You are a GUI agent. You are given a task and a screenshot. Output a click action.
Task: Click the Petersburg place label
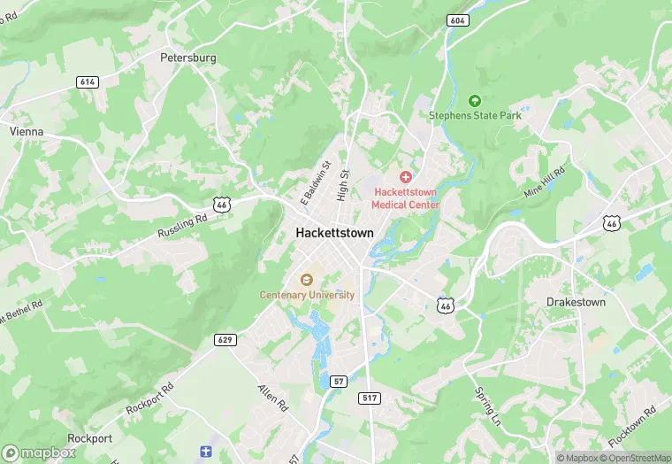187,58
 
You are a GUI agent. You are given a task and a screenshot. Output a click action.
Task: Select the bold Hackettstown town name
334,233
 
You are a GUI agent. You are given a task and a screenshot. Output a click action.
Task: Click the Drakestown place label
576,302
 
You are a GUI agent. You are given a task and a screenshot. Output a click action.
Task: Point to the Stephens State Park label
475,115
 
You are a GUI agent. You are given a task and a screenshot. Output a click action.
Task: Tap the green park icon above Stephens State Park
475,101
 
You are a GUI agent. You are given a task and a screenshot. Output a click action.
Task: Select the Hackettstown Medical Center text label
406,197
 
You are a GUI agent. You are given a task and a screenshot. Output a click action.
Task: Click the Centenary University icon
307,281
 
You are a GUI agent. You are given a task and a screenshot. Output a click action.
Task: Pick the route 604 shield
457,20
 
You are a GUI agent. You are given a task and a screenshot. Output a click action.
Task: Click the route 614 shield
87,81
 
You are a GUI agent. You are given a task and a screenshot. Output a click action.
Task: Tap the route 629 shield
225,339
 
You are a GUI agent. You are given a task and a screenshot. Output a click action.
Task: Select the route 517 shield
370,398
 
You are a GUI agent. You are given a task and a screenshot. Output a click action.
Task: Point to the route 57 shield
338,381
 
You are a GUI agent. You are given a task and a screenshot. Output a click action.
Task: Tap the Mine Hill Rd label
544,182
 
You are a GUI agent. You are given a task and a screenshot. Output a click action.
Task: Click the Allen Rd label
272,396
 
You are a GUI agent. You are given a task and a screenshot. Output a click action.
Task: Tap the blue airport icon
206,452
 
